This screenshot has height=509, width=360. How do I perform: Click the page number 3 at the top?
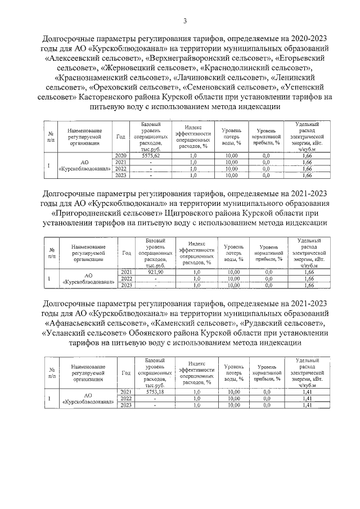pos(184,21)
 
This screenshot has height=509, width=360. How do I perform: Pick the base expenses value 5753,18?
pos(154,391)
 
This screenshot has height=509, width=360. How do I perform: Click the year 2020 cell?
pos(120,155)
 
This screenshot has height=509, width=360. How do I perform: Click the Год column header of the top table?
pos(120,136)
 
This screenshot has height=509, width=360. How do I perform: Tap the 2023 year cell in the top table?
pos(120,175)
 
